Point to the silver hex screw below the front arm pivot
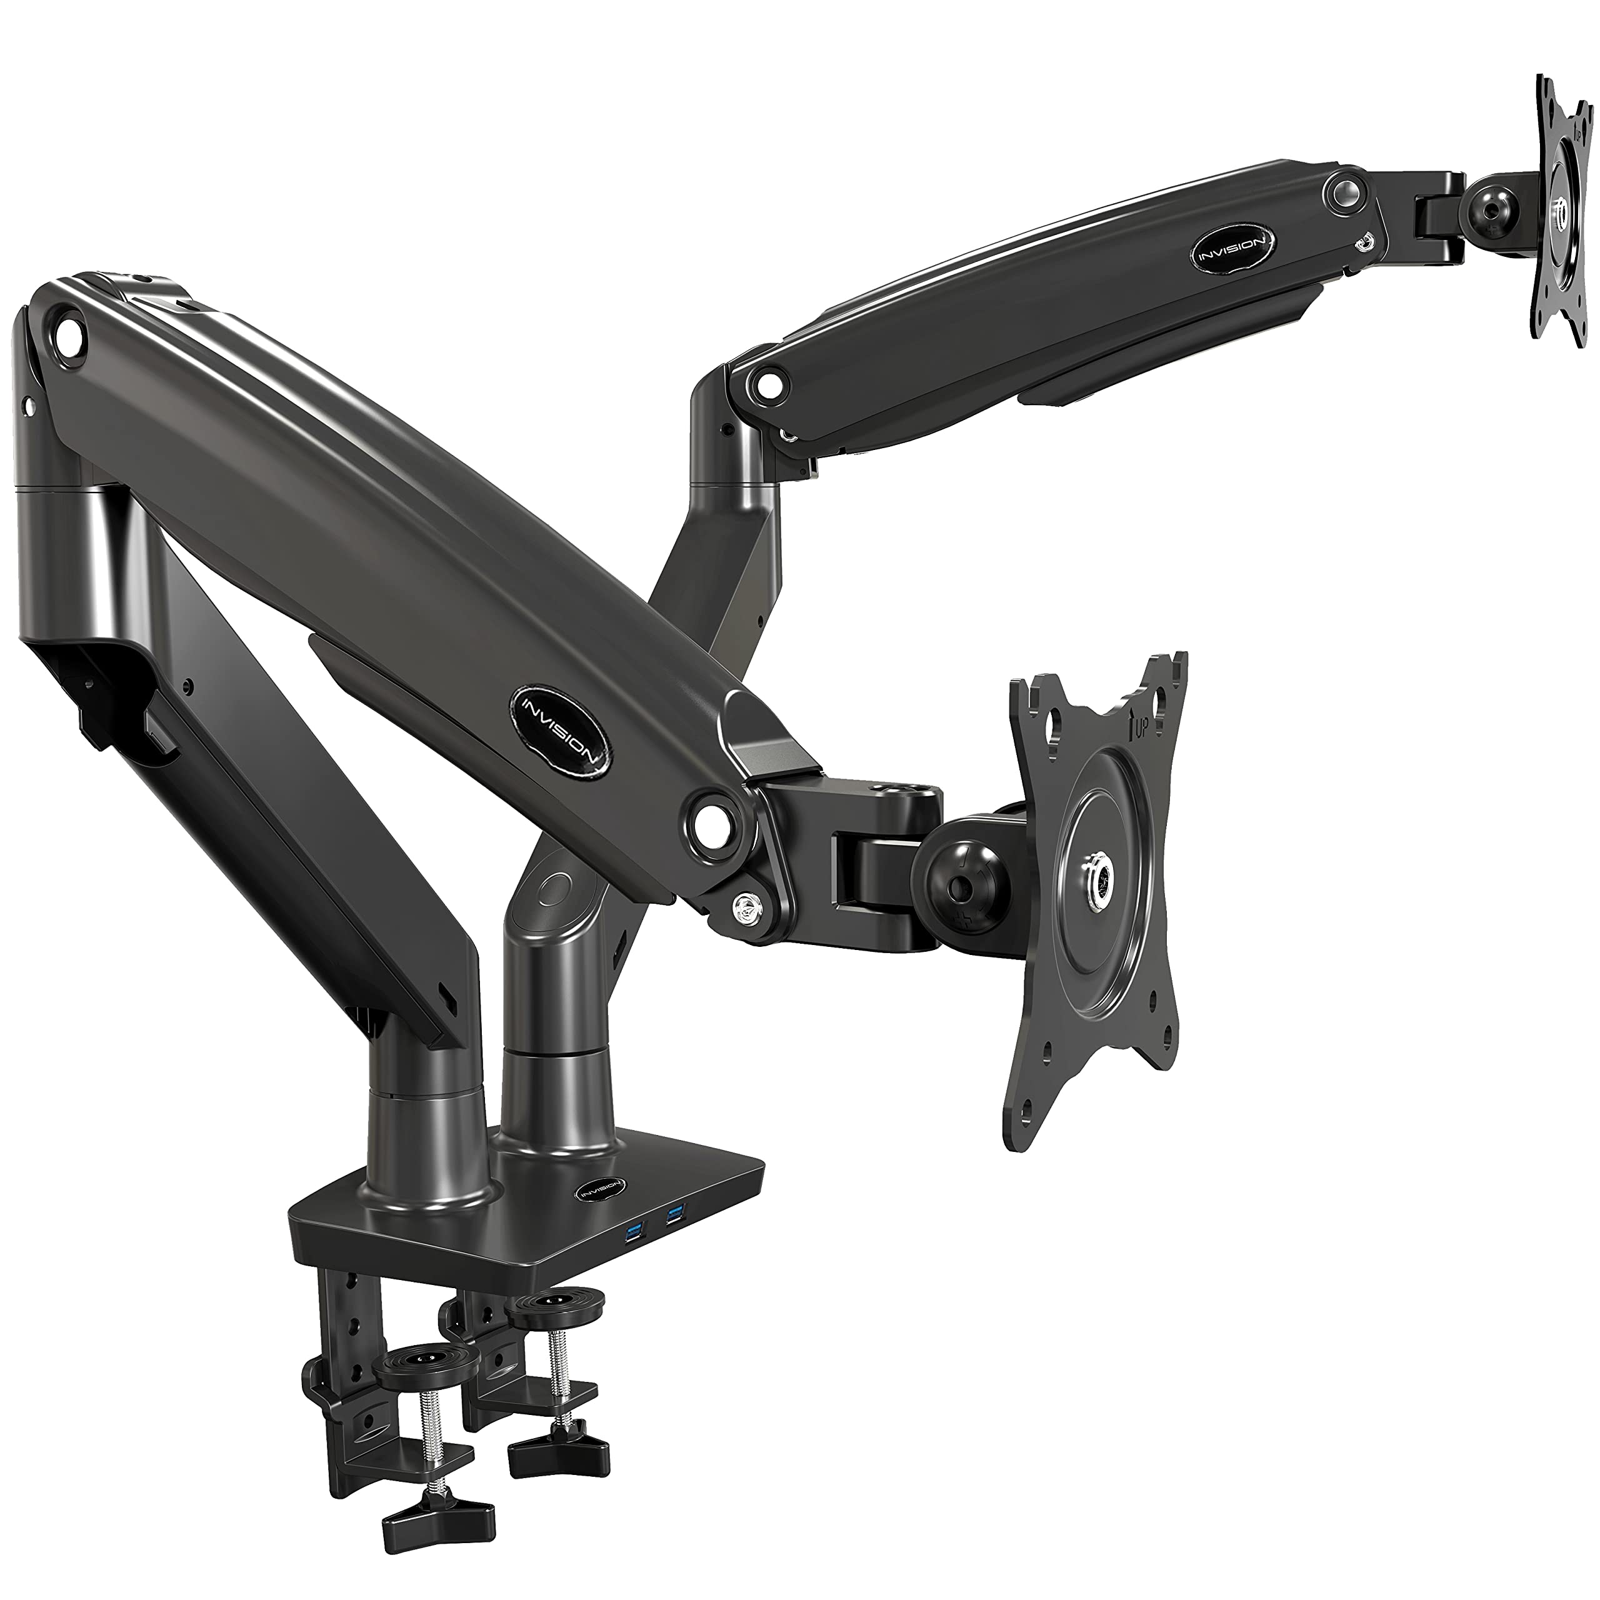coord(748,905)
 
